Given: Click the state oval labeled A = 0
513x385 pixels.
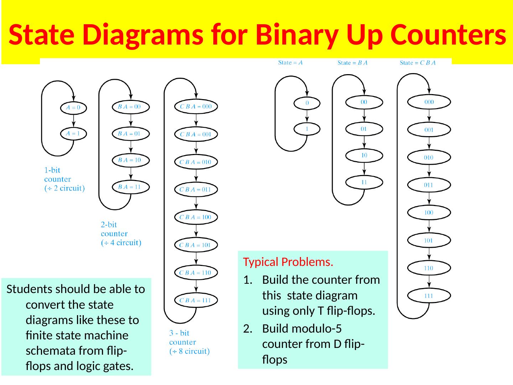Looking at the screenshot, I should (x=73, y=107).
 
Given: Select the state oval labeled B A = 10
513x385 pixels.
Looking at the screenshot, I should (x=131, y=160).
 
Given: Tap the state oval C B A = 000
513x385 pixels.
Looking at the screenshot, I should (x=196, y=106).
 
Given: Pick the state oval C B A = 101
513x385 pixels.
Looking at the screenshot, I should (x=196, y=245).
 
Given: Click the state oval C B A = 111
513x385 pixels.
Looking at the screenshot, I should (x=196, y=300).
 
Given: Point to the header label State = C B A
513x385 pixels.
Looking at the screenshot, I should (x=418, y=63).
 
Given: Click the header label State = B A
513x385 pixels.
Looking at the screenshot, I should (x=352, y=63).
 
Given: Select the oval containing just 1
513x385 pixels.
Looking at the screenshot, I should (x=307, y=129).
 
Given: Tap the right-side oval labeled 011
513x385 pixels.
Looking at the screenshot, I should (x=429, y=185).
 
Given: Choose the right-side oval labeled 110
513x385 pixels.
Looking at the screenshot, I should (x=429, y=268).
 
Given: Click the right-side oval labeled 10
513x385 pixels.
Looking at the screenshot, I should (x=364, y=155).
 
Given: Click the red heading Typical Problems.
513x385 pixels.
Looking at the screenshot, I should (x=288, y=262).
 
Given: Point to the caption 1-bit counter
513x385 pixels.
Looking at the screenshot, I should (x=57, y=175).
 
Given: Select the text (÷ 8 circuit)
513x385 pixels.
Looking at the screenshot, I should (x=190, y=351).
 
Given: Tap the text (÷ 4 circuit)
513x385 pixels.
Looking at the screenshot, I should (x=121, y=243).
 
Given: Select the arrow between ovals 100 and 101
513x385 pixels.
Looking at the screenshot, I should (x=429, y=226).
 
